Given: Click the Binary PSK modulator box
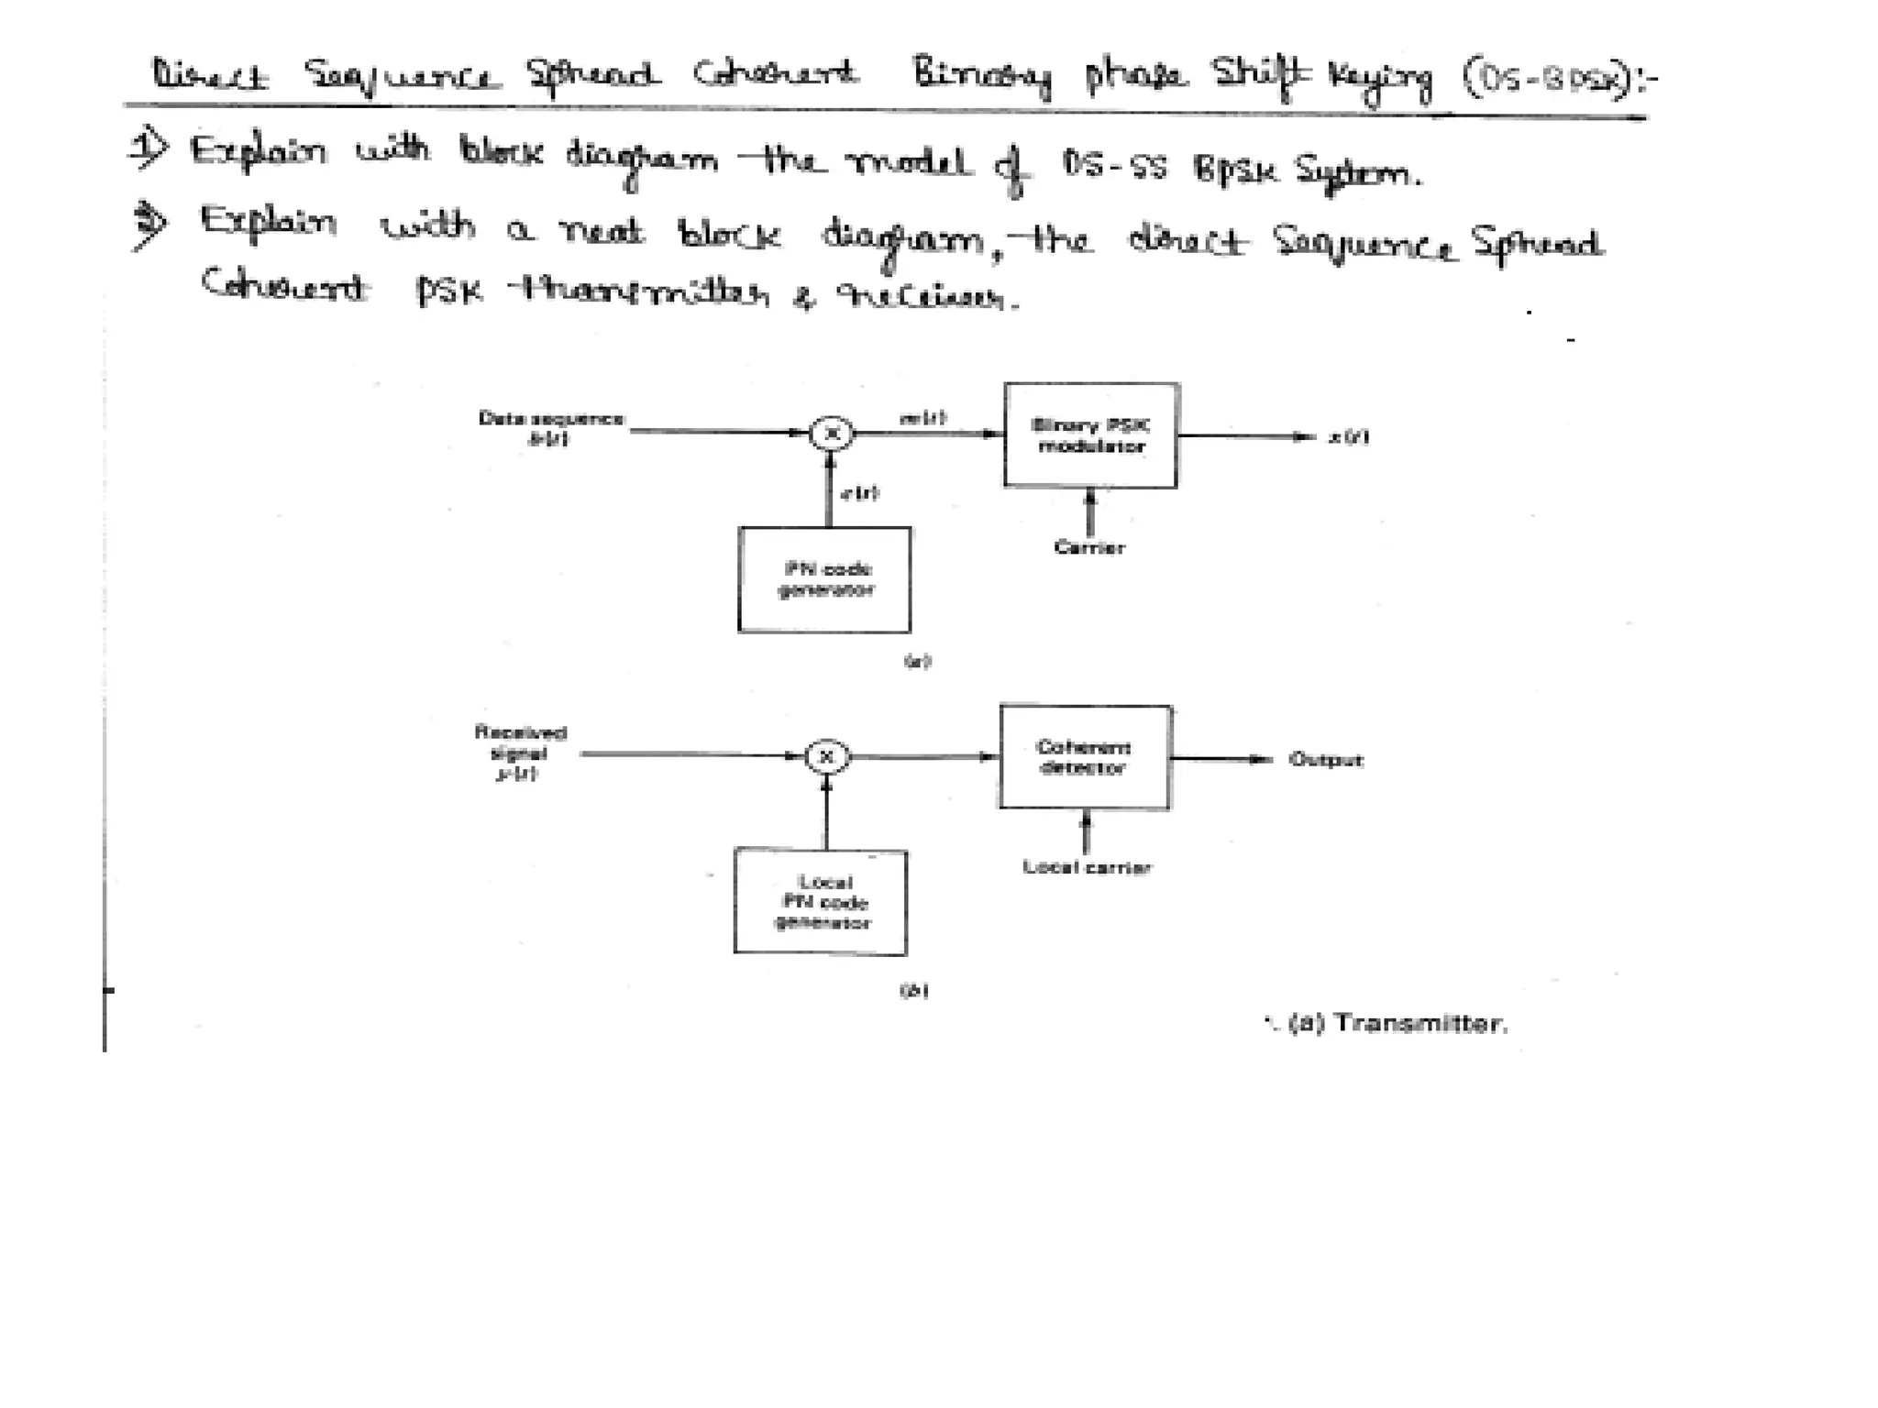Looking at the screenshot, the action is [1090, 435].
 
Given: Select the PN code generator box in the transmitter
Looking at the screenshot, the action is [824, 579].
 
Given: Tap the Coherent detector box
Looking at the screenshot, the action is [1085, 757].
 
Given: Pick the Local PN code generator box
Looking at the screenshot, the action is [821, 903].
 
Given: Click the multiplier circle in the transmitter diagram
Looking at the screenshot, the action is [832, 433].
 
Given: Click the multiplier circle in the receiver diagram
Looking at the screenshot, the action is [826, 757].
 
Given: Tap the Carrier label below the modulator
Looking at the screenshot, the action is [1089, 548].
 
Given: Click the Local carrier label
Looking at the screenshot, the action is [1087, 867].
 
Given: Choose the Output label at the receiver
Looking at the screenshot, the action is [1326, 760].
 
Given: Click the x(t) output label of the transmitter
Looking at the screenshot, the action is [1349, 437].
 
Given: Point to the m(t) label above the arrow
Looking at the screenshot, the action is [922, 418].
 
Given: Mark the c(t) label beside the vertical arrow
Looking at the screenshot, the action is [860, 493].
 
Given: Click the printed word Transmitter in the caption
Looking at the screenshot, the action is [1420, 1024].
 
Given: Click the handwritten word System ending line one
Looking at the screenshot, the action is [1357, 171].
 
